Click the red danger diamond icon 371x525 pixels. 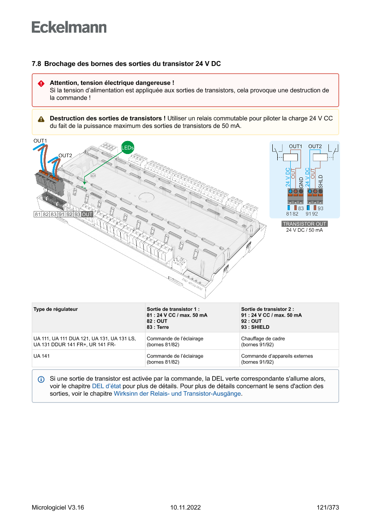point(41,83)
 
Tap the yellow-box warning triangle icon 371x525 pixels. point(41,119)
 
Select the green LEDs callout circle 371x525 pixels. point(127,147)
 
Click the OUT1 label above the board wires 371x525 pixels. point(40,141)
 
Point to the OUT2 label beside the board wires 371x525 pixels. point(65,155)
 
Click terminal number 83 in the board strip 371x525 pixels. point(53,214)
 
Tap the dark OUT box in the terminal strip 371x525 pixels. point(87,214)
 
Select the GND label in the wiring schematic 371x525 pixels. point(301,182)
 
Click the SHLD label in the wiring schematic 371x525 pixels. point(320,181)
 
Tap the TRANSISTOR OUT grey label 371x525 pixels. point(304,224)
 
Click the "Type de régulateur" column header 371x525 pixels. point(55,309)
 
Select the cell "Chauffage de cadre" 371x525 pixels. point(263,338)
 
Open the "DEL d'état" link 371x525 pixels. point(106,386)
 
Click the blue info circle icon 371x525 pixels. point(41,379)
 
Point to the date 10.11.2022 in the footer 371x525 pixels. point(185,507)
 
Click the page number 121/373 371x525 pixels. point(327,507)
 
